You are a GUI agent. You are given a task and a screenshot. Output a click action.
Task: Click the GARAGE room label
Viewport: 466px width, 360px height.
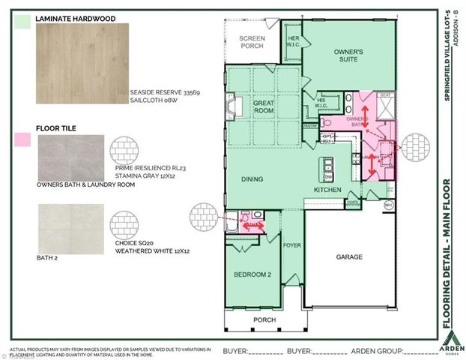(x=348, y=257)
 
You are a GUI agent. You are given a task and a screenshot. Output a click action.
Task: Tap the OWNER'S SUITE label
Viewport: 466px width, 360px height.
(x=348, y=55)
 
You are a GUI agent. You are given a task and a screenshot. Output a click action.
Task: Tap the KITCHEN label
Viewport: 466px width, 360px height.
(x=327, y=190)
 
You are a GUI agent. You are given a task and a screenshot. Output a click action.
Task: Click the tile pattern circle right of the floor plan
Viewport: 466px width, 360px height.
(x=414, y=148)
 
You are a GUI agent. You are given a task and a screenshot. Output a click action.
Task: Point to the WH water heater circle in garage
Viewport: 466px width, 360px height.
(x=388, y=204)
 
